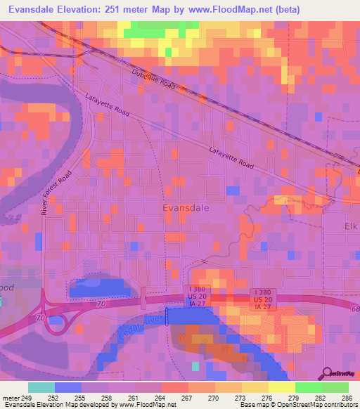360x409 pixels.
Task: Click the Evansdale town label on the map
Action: pos(186,208)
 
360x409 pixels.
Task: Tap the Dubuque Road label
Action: pos(153,78)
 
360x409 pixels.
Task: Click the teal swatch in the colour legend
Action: pos(41,387)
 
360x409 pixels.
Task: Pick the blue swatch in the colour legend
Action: pos(67,387)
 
